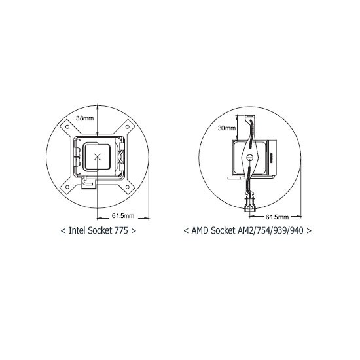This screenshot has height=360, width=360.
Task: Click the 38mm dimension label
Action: pyautogui.click(x=85, y=118)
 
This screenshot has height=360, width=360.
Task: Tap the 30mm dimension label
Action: pyautogui.click(x=227, y=128)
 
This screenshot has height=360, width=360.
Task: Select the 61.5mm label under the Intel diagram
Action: pyautogui.click(x=123, y=216)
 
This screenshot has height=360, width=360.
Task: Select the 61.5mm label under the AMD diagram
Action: pyautogui.click(x=277, y=217)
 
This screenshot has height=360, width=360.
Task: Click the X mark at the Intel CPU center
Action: pyautogui.click(x=98, y=157)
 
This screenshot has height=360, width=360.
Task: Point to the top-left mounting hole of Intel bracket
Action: pyautogui.click(x=67, y=127)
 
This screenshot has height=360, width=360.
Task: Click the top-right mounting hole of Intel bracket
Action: pyautogui.click(x=128, y=127)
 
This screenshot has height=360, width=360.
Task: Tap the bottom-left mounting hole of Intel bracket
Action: pyautogui.click(x=67, y=187)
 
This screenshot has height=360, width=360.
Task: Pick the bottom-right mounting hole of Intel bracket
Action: pyautogui.click(x=128, y=187)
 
